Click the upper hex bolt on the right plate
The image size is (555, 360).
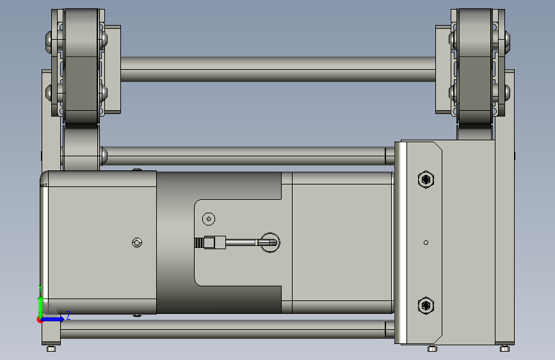pyautogui.click(x=426, y=179)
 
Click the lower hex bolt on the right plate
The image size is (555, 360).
pyautogui.click(x=426, y=306)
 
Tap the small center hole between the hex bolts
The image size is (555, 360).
pyautogui.click(x=426, y=242)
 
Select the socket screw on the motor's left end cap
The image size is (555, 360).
pyautogui.click(x=137, y=243)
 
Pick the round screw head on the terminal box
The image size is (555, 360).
pyautogui.click(x=209, y=219)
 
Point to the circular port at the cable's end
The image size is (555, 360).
pyautogui.click(x=270, y=243)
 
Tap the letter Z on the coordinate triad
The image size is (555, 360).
pyautogui.click(x=68, y=315)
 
